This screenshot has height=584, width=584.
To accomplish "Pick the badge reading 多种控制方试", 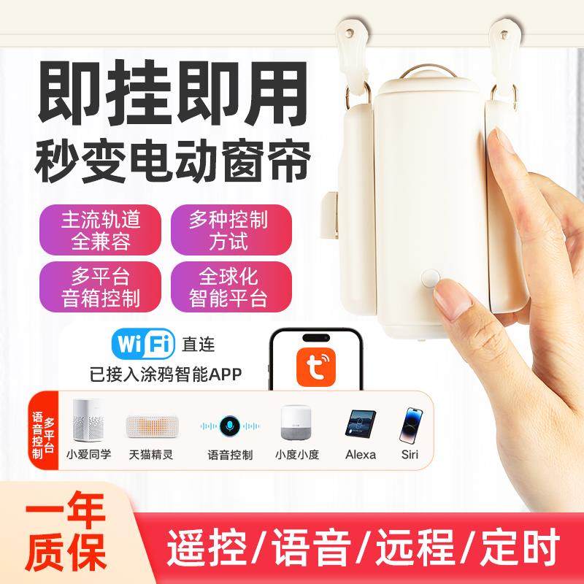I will pyautogui.click(x=231, y=228).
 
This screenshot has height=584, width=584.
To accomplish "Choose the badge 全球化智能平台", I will pyautogui.click(x=231, y=287).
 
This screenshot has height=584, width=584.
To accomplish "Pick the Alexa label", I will pyautogui.click(x=360, y=454).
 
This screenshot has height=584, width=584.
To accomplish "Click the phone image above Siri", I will pyautogui.click(x=412, y=425).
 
